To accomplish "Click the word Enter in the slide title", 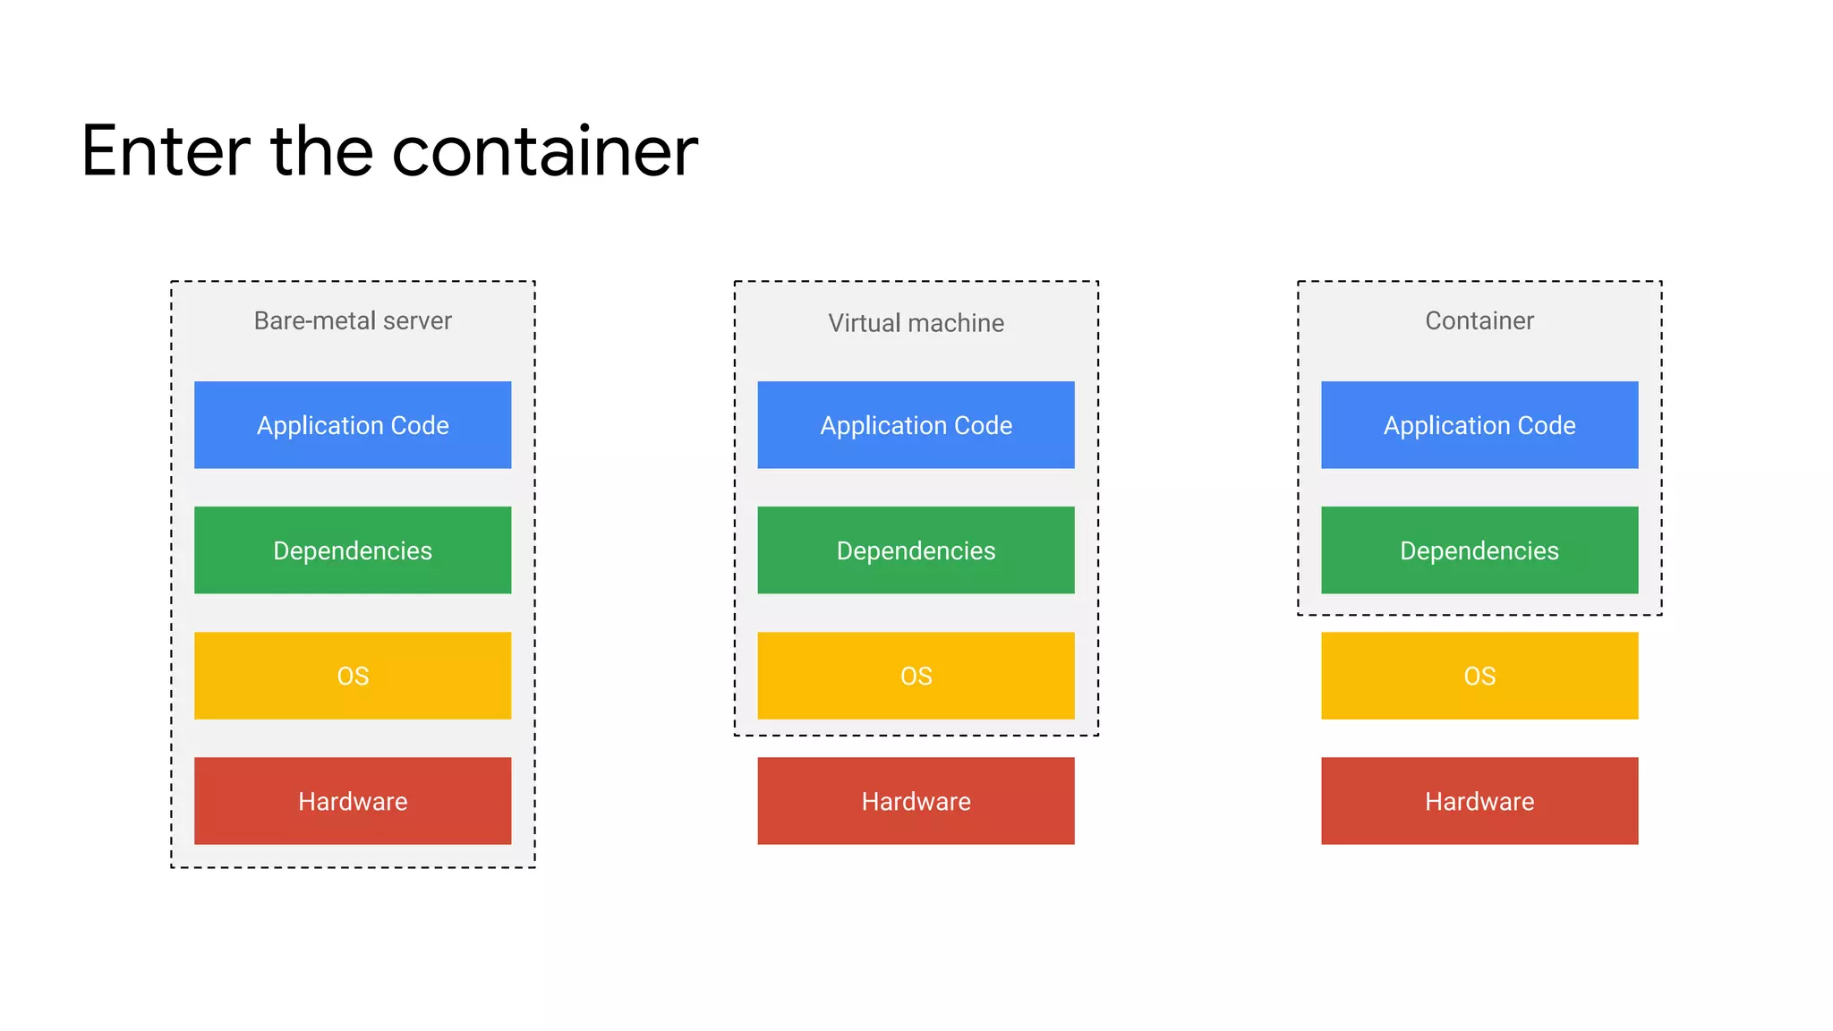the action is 166,151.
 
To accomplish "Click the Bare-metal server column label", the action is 353,320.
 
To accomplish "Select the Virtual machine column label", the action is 916,323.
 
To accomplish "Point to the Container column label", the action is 1479,320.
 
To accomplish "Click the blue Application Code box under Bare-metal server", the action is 353,425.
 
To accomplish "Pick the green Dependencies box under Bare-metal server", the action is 353,550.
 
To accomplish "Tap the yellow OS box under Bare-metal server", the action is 353,676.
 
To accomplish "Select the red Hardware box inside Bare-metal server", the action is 353,801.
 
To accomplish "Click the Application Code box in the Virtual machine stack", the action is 916,425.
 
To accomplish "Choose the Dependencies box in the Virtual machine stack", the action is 916,550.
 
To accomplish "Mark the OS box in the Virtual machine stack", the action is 916,676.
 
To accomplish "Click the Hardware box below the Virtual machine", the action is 916,801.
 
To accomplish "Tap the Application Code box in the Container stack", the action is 1479,425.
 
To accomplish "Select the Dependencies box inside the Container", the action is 1479,550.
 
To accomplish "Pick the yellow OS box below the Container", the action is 1479,676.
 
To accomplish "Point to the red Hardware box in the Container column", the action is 1479,801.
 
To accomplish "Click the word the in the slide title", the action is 321,151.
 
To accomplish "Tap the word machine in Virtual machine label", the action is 955,323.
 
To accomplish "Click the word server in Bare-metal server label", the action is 417,320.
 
